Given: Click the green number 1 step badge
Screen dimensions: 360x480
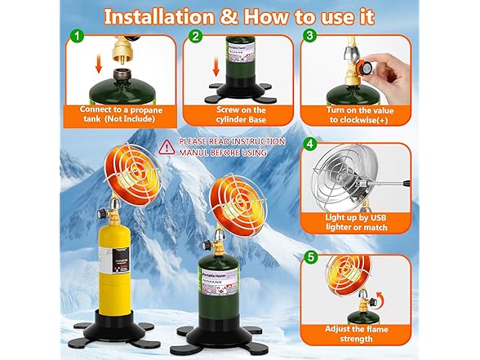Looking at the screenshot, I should [x=76, y=36].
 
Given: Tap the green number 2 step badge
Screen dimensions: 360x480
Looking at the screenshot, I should [x=195, y=36].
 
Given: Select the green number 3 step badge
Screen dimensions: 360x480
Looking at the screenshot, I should [x=309, y=36].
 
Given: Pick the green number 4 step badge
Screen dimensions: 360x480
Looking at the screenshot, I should [x=309, y=144].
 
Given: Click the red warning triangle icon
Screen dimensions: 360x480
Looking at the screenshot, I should [x=167, y=147].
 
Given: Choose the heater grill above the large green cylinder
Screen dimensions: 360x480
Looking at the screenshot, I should [x=221, y=202].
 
